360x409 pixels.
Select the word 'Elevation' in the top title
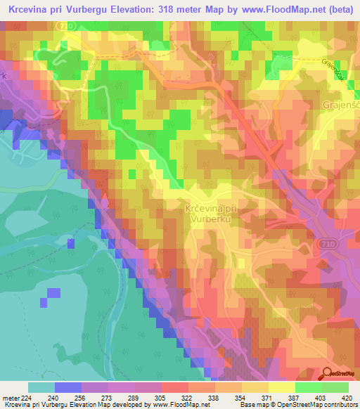click(x=138, y=11)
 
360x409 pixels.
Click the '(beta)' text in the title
click(x=336, y=11)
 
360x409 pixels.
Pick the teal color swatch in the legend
click(x=41, y=387)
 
